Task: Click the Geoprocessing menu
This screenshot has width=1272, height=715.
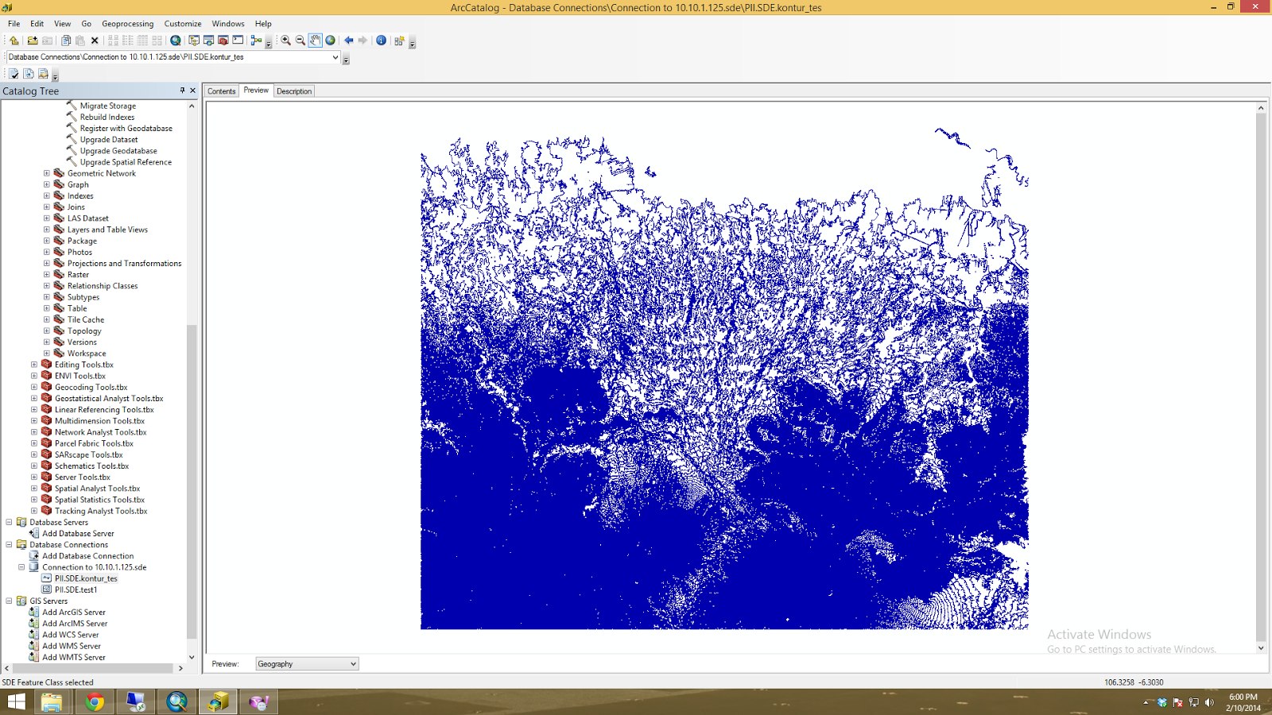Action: pos(127,24)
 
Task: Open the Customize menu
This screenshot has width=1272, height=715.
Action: pos(183,24)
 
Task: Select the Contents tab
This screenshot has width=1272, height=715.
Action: pos(221,91)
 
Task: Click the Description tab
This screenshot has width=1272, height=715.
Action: pos(294,91)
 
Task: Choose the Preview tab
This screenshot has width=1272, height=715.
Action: pos(256,91)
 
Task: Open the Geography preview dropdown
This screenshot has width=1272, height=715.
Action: pos(307,664)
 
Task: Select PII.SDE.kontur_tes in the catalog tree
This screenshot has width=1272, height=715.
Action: pos(86,578)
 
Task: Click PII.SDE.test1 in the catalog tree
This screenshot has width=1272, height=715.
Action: pos(76,589)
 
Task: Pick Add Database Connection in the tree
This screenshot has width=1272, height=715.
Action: pos(87,556)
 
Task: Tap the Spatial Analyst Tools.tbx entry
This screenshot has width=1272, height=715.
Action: pos(97,489)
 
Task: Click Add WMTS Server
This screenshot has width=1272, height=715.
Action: pos(73,657)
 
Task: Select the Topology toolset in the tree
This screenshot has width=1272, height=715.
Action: pos(84,331)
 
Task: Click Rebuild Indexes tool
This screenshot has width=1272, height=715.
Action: pos(107,117)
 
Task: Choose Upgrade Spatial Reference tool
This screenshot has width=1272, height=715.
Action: pos(126,162)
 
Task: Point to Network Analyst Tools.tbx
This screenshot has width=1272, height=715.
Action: pos(100,432)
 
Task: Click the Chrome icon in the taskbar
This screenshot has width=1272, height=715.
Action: pos(95,701)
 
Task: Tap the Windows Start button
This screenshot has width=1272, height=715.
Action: pos(16,701)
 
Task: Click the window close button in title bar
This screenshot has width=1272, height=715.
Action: pos(1255,6)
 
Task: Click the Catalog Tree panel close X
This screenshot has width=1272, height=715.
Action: pos(192,91)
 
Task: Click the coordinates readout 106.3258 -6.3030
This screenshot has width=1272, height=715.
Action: pos(1133,682)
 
